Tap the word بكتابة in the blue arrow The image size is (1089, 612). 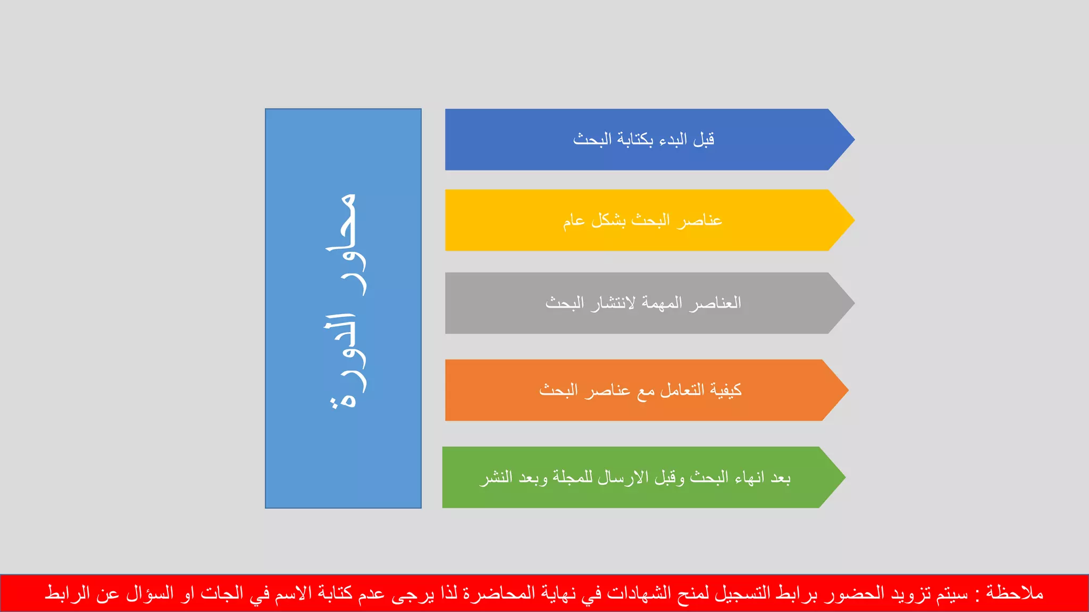point(635,140)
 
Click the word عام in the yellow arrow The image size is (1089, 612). point(574,220)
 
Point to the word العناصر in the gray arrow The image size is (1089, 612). point(715,303)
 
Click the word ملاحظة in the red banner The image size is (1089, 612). point(1015,593)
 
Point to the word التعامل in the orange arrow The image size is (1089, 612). point(682,390)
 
